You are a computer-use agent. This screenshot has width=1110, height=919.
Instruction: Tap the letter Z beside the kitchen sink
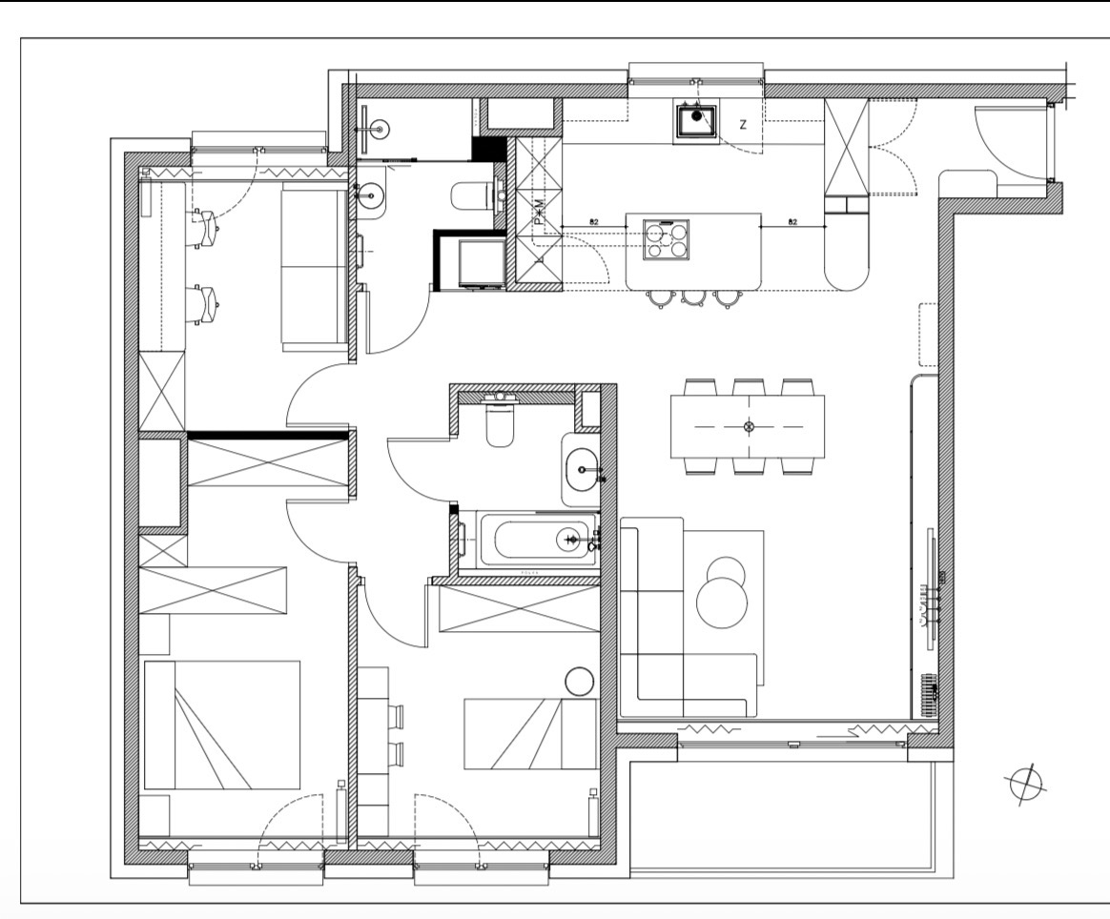[x=742, y=125]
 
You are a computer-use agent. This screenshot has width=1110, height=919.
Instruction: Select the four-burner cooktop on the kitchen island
[x=666, y=238]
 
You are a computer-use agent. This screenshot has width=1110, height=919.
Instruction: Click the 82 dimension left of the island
[x=593, y=221]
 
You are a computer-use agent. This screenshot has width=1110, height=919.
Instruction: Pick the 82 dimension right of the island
[x=792, y=221]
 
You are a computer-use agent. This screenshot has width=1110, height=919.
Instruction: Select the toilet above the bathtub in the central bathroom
[x=500, y=421]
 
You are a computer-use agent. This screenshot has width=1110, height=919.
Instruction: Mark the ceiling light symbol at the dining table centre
[x=749, y=426]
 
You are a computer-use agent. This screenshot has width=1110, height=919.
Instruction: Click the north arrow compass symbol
[x=1025, y=783]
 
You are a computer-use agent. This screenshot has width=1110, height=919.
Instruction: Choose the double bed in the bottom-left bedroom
[x=221, y=725]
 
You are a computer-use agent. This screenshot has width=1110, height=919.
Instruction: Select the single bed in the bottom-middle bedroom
[x=529, y=733]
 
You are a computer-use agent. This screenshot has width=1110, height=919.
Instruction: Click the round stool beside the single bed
[x=579, y=682]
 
